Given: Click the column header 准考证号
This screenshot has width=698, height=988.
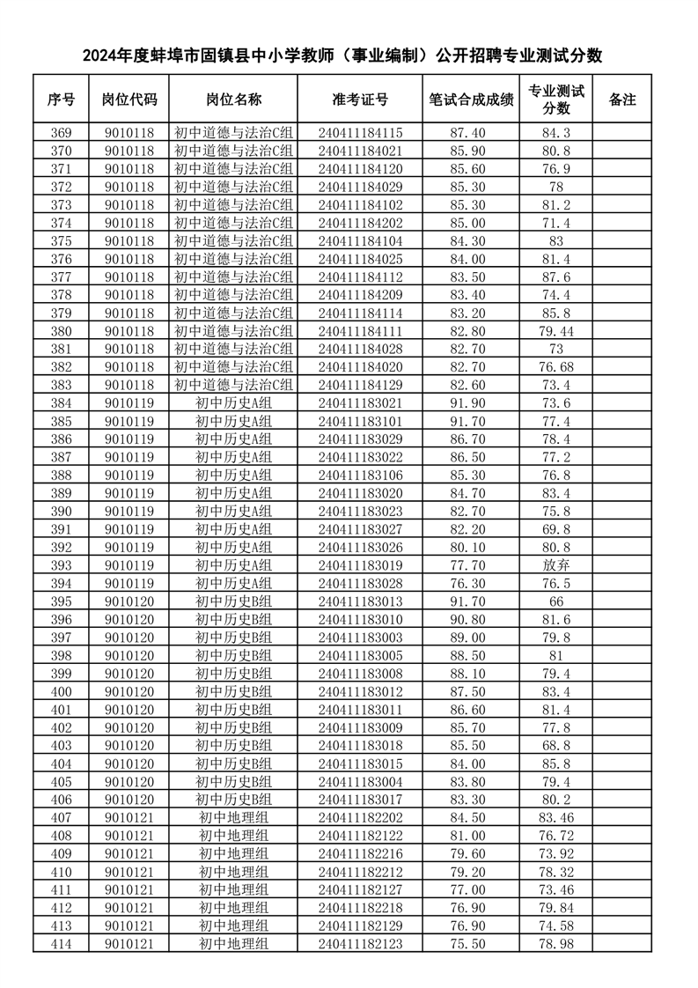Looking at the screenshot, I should point(360,100).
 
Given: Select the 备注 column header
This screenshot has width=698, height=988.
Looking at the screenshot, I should point(621,100).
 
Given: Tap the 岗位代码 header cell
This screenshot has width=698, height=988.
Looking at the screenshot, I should point(129,100).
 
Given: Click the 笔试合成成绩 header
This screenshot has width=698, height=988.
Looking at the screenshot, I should point(471,100).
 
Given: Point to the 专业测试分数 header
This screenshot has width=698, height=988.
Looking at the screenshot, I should point(555,100).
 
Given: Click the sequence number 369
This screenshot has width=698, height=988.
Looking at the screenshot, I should point(62,133).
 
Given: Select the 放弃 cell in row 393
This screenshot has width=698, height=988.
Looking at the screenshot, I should point(555,565).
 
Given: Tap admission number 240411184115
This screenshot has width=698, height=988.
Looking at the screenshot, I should point(360,133).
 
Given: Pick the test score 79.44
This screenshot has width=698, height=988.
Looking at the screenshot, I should point(555,331).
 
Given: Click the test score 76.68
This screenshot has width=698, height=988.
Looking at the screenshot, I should point(555,367).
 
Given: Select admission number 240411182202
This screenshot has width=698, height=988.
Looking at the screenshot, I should point(360,818).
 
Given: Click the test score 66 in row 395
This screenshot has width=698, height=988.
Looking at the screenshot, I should point(555,601).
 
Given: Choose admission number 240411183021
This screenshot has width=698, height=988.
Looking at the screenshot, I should point(360,403).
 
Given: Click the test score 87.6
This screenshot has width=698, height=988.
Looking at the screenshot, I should point(555,277).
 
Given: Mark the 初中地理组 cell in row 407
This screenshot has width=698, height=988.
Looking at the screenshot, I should point(233,818).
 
